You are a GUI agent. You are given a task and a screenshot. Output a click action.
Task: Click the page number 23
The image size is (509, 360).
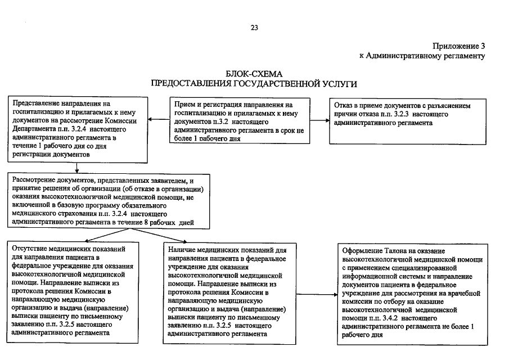click(254, 28)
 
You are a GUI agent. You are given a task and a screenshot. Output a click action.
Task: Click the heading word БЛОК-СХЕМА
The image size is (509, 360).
click(254, 74)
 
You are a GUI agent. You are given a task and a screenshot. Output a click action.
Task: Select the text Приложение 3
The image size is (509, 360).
click(458, 46)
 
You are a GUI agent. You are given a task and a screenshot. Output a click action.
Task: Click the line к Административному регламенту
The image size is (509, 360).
click(422, 56)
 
